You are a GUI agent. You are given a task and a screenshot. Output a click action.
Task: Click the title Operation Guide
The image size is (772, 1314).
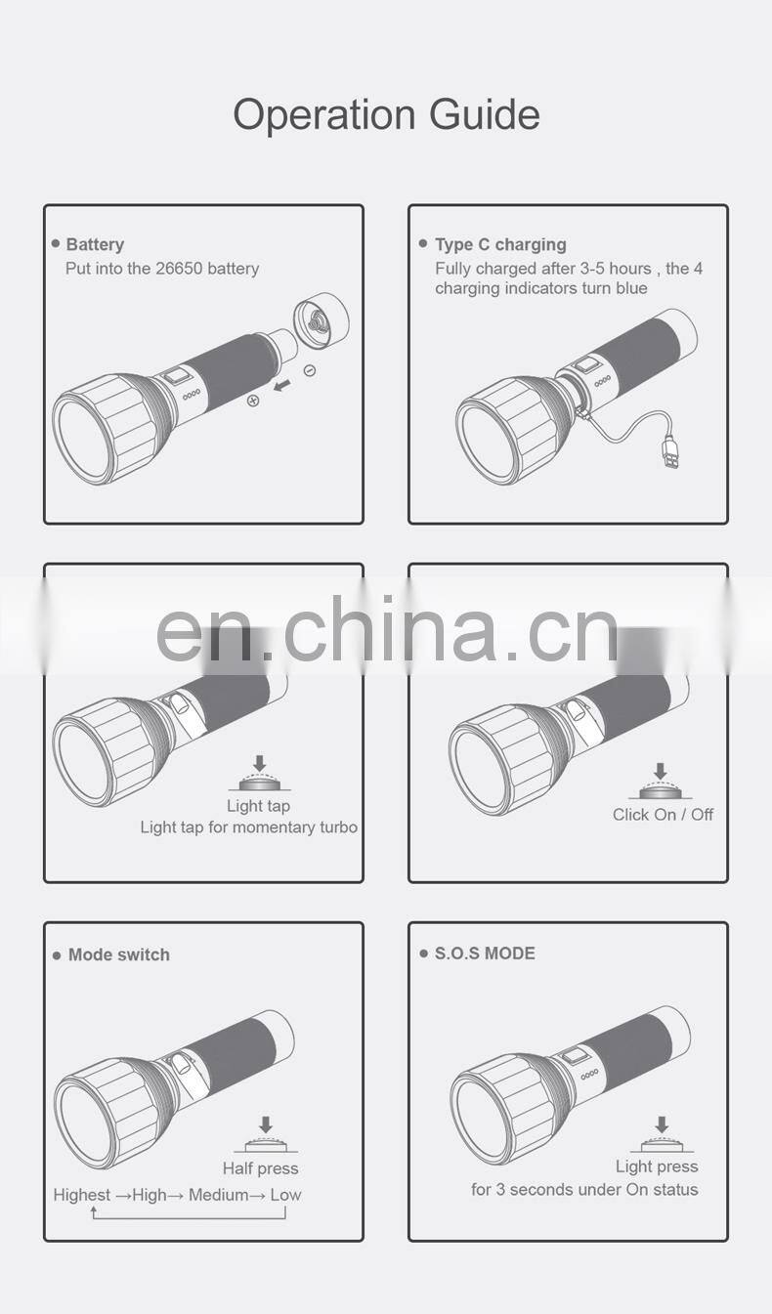pos(386,114)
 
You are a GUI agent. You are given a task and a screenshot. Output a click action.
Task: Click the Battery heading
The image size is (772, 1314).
pos(95,244)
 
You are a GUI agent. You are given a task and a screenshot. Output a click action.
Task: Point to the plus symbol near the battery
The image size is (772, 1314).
pos(253,401)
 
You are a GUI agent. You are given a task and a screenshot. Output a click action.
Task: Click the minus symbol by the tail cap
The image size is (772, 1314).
pos(309,370)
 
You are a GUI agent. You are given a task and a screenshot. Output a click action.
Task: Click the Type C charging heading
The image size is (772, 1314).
pos(500,244)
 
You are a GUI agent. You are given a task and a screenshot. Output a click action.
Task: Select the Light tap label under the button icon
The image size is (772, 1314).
pos(258,806)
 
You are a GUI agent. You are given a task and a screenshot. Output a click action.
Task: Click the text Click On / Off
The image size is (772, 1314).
pos(663,815)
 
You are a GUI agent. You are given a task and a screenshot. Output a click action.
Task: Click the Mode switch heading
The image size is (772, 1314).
pos(118,954)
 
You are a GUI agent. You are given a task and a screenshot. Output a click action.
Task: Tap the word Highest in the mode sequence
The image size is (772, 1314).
pos(82,1195)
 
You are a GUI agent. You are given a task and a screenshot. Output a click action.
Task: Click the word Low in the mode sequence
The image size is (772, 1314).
pos(285,1195)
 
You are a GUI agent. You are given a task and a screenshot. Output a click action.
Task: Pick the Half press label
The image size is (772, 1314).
pos(260,1168)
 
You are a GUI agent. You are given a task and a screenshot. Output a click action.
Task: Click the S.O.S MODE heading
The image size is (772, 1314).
pos(485,954)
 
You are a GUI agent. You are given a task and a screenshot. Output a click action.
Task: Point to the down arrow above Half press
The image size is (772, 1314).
pos(265,1125)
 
